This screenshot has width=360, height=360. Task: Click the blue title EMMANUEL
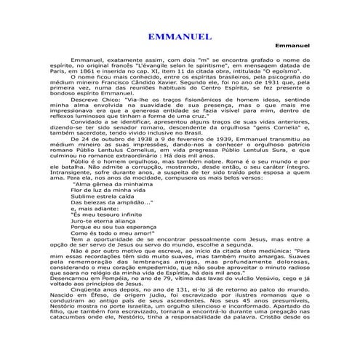pyautogui.click(x=179, y=36)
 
